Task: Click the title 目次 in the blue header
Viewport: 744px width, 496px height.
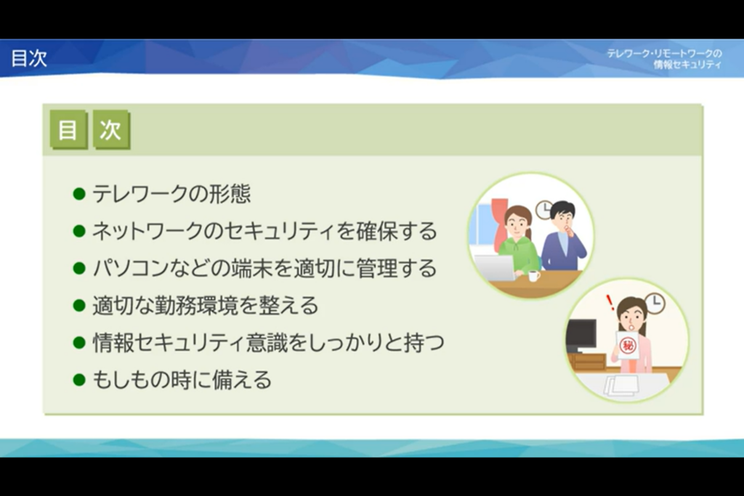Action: (29, 58)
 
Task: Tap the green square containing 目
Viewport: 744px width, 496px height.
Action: (69, 129)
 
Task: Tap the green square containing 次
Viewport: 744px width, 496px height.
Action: (111, 129)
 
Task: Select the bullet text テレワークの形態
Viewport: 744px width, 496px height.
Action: (171, 193)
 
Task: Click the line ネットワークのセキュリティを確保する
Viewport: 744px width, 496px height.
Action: (264, 231)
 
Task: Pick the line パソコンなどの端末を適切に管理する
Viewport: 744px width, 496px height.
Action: (264, 268)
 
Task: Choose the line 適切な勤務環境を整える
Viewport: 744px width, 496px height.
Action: (205, 306)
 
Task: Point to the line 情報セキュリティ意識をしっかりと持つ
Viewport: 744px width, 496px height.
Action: (268, 342)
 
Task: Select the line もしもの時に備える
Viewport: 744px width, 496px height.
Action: (182, 379)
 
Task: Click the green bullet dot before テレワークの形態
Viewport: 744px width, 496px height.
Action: (79, 194)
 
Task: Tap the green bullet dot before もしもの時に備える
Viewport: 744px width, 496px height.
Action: (79, 380)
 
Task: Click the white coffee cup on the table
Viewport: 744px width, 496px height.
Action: (534, 275)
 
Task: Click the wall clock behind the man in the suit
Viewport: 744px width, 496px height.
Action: (543, 210)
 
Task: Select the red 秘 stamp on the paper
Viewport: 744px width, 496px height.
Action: (627, 345)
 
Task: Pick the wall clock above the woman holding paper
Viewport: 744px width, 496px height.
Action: (655, 304)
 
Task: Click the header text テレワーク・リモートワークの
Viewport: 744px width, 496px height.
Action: (664, 54)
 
